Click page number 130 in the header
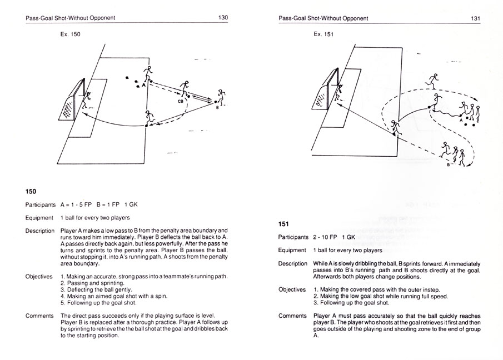223,18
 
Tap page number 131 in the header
475,18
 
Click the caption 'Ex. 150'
71,34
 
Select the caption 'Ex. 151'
323,34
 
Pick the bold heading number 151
285,224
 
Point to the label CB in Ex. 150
181,102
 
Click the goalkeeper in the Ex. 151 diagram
338,90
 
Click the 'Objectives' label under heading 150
39,276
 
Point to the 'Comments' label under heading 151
292,316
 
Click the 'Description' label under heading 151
293,263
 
